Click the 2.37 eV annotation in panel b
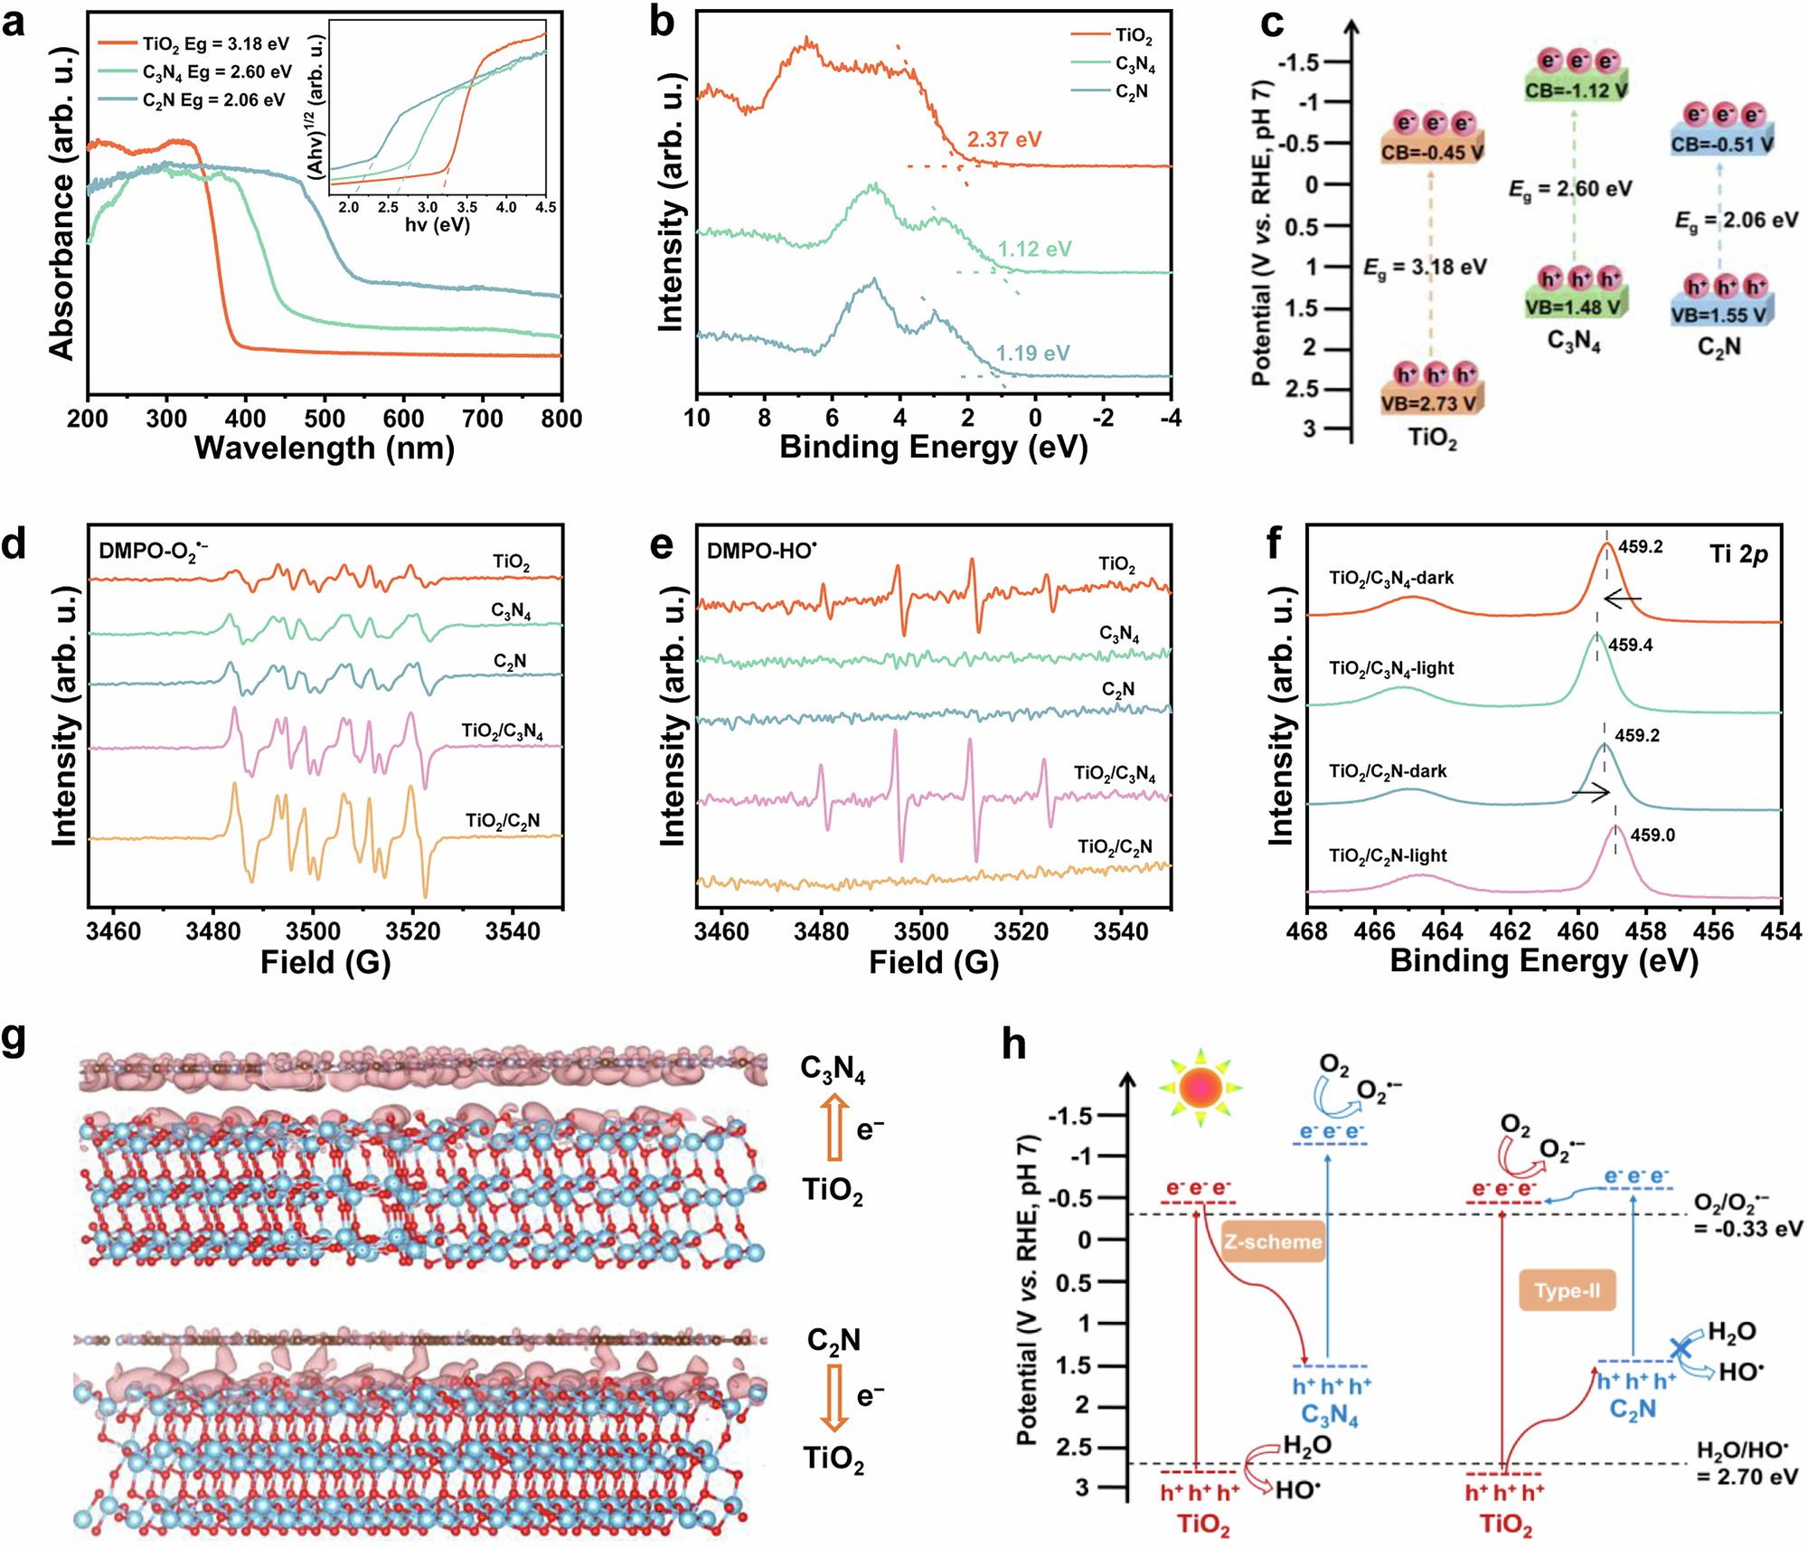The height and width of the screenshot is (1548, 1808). point(1003,140)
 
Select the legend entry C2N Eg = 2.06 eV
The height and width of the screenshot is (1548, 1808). point(213,100)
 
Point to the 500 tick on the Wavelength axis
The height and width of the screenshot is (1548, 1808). point(325,419)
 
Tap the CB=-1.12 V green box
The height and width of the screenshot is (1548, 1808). point(1576,90)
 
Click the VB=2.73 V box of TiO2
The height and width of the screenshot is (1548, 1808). point(1433,403)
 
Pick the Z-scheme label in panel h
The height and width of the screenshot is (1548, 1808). point(1273,1241)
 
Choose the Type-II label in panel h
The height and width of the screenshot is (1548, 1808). point(1567,1290)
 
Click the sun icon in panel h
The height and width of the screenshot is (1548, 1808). point(1201,1088)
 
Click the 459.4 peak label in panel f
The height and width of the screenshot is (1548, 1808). point(1631,645)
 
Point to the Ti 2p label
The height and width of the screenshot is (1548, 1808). point(1737,554)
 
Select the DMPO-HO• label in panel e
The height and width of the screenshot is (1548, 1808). point(761,551)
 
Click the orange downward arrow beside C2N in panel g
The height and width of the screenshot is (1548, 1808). point(834,1397)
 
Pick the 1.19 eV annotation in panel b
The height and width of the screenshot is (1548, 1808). point(1032,354)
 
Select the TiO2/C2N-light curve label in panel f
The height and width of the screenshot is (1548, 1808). point(1388,855)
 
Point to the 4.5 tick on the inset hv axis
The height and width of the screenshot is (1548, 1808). point(545,208)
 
